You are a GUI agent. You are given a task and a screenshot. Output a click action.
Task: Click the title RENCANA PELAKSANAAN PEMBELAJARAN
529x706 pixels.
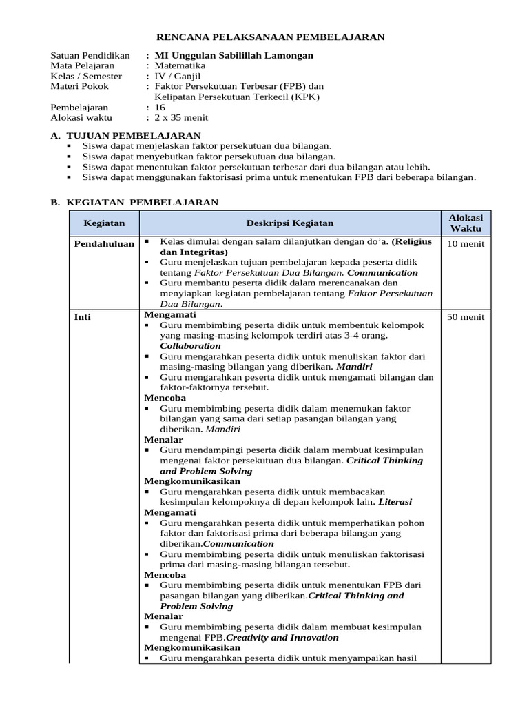tap(271, 37)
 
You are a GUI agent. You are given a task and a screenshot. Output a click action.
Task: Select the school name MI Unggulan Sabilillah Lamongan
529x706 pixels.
tap(234, 55)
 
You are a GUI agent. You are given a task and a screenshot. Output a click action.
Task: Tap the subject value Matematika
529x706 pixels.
tap(180, 65)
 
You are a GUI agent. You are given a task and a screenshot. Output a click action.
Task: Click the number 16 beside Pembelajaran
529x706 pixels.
tap(160, 108)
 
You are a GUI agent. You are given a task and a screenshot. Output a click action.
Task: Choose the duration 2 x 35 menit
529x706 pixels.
tap(181, 118)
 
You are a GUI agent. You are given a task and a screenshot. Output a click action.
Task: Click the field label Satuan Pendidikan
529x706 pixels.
tap(90, 55)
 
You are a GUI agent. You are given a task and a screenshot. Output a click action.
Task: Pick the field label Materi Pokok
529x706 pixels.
tap(79, 86)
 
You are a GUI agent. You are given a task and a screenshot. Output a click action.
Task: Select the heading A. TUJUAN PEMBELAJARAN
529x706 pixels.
tap(126, 136)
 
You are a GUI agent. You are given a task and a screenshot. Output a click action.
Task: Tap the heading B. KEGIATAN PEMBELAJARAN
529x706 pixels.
tap(135, 202)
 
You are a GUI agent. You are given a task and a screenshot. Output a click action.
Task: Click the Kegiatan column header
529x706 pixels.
tap(104, 223)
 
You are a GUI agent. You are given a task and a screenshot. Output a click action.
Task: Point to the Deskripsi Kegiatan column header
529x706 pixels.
tap(290, 223)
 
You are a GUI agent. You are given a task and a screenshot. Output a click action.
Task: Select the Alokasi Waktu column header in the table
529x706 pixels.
tap(466, 223)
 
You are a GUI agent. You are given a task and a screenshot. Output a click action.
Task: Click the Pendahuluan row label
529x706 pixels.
tap(104, 244)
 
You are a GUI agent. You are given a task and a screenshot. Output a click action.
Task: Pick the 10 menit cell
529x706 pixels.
tap(466, 244)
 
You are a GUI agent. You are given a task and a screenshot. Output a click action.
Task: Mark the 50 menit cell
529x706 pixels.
tap(466, 317)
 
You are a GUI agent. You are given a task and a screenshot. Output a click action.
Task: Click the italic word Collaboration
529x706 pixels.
tap(191, 346)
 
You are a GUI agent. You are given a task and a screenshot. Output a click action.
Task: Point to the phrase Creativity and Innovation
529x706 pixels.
tap(282, 638)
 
